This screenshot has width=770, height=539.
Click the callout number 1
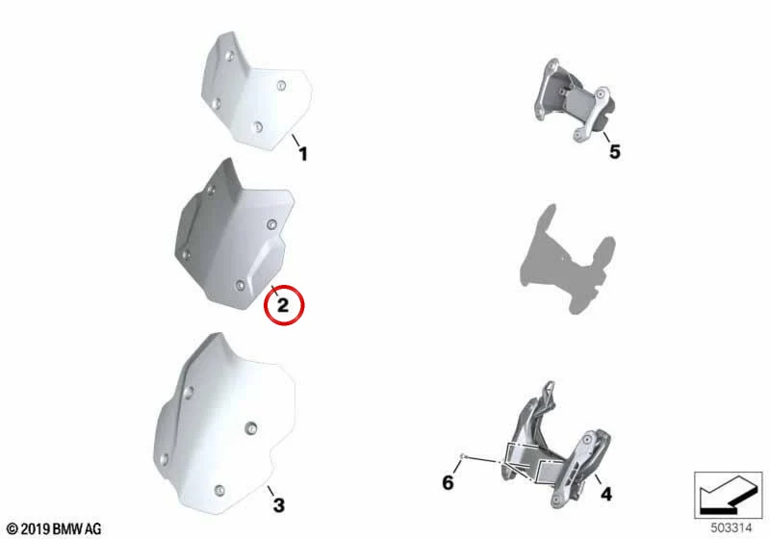click(x=303, y=154)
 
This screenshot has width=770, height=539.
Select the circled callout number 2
click(x=283, y=305)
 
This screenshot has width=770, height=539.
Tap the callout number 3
click(x=279, y=505)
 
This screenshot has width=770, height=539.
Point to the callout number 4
click(x=606, y=494)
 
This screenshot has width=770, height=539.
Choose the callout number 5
click(x=615, y=152)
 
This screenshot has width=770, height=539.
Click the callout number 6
click(x=448, y=482)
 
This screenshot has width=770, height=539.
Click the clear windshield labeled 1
click(x=257, y=91)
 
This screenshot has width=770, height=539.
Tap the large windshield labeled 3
click(x=223, y=424)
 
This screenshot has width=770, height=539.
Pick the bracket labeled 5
click(x=574, y=100)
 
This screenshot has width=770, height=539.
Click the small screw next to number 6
click(x=462, y=456)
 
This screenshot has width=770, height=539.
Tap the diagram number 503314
click(x=731, y=527)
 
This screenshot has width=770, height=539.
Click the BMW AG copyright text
click(x=55, y=528)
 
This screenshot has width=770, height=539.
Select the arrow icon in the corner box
click(x=728, y=495)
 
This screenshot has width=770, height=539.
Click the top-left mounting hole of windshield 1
click(x=229, y=57)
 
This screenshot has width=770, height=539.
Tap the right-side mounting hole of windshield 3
click(x=251, y=428)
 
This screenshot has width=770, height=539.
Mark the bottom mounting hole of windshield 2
click(x=240, y=285)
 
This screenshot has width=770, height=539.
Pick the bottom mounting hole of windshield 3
click(x=219, y=490)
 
